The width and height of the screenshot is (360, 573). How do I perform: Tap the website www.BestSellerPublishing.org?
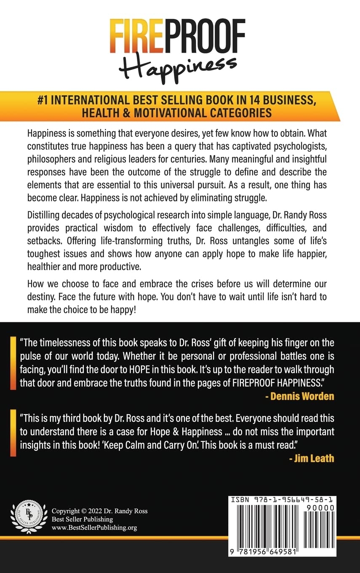coord(94,527)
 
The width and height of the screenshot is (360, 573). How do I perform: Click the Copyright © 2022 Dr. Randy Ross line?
coord(99,511)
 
